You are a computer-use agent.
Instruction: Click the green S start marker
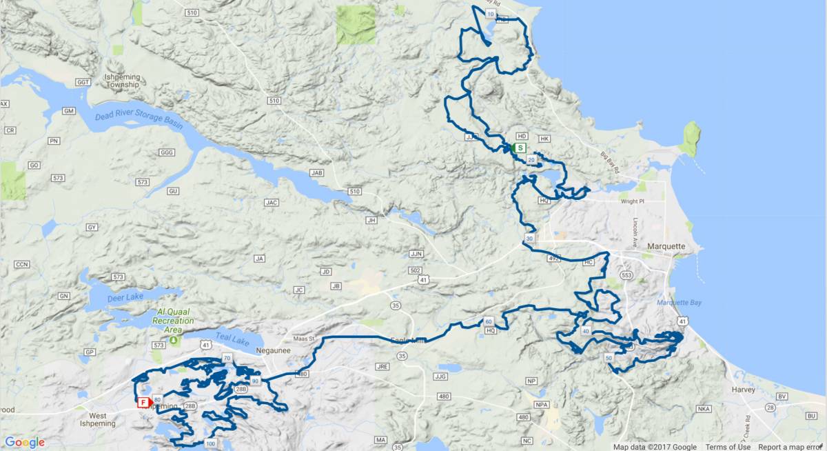(x=520, y=148)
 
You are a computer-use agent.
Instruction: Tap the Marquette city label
(x=666, y=246)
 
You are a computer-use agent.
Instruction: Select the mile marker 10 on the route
(x=490, y=14)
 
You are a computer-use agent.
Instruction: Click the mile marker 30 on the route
(x=529, y=238)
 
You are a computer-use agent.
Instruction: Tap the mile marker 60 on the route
(x=488, y=322)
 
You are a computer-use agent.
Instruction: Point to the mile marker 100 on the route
(x=210, y=443)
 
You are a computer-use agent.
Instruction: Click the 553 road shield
(x=626, y=275)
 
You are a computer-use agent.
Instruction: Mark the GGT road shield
(x=84, y=82)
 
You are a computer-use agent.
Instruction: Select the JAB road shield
(x=316, y=173)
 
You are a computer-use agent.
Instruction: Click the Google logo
(x=24, y=443)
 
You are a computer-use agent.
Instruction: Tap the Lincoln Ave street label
(x=635, y=228)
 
